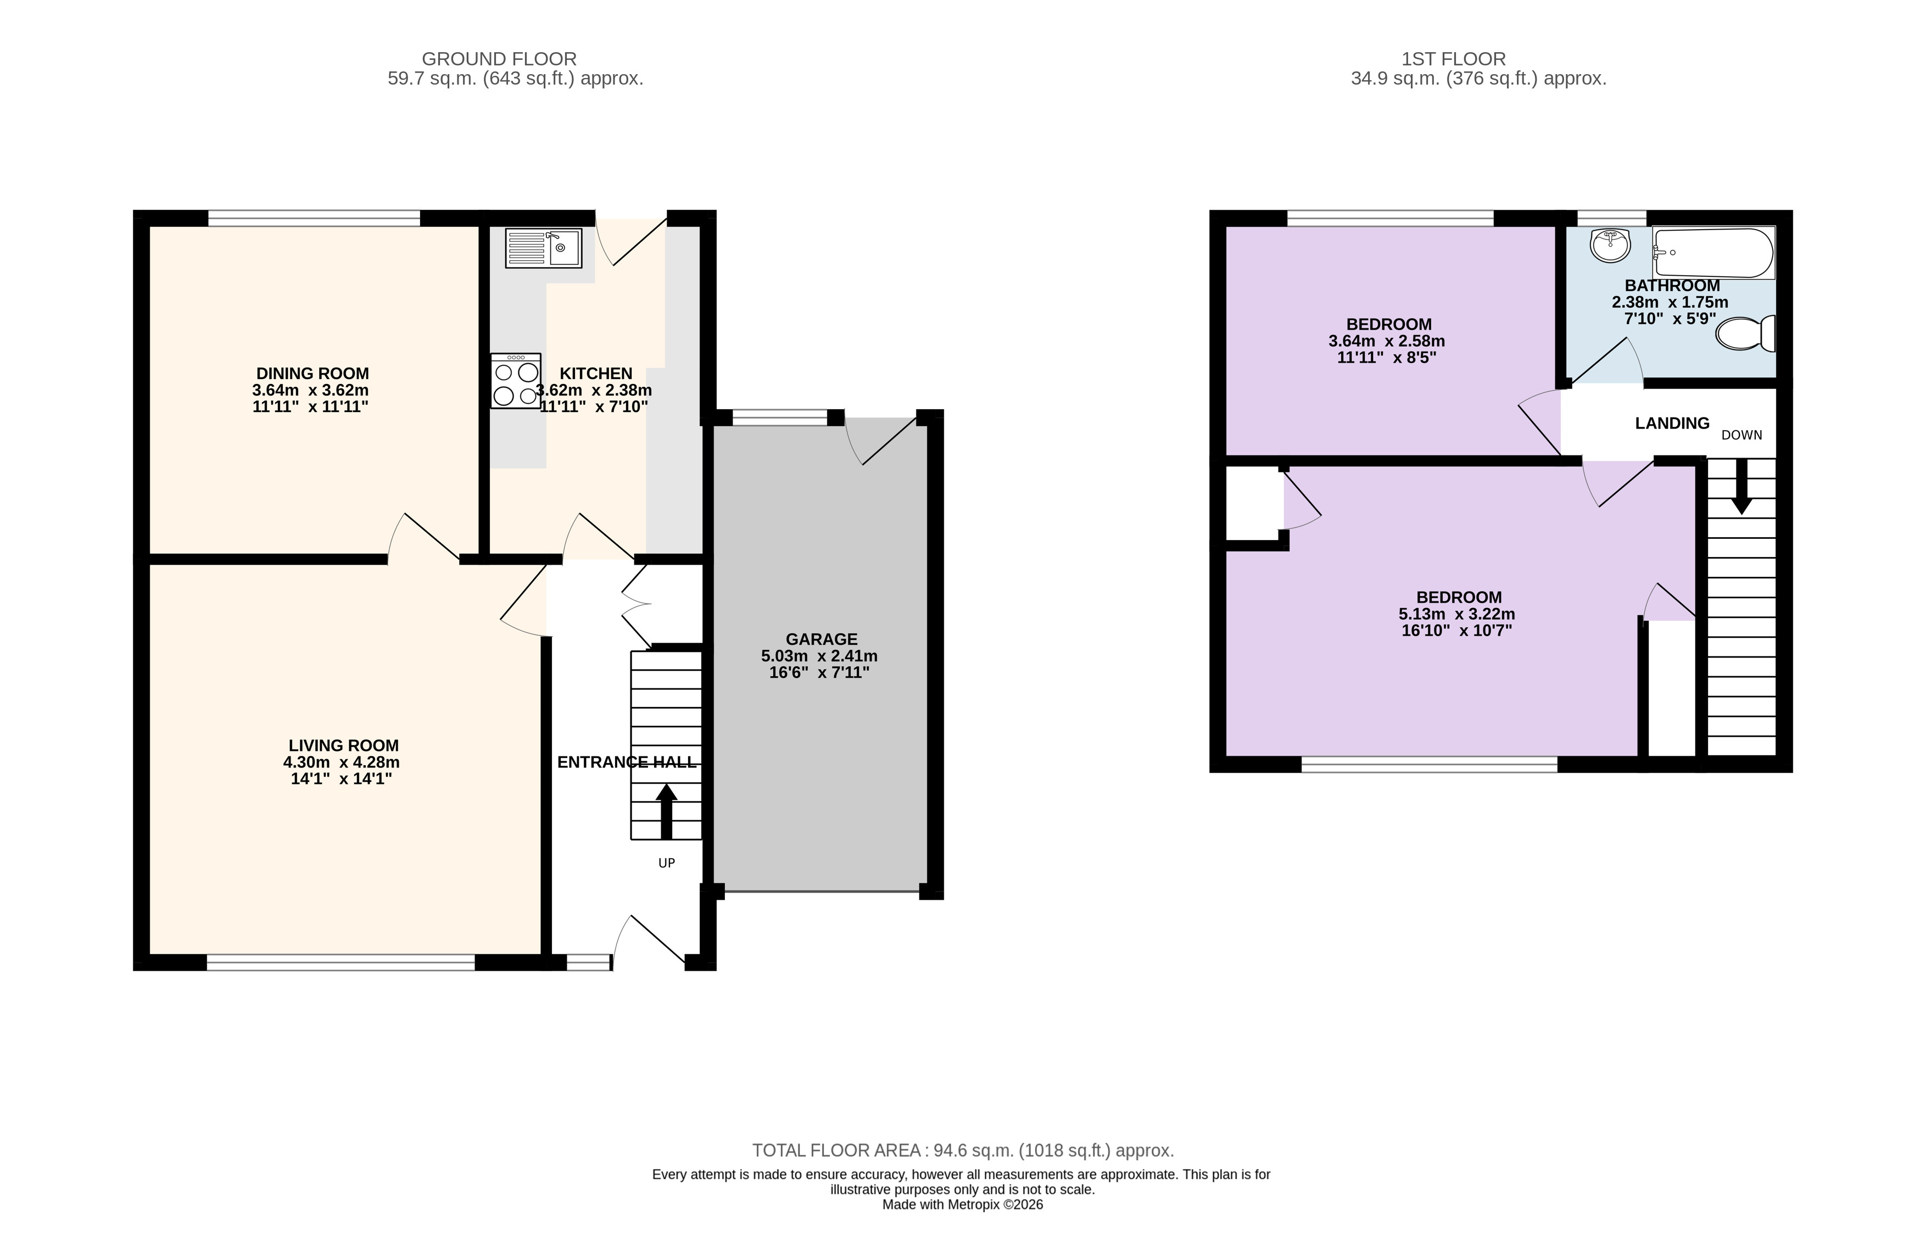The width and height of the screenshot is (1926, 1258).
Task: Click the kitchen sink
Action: (543, 248)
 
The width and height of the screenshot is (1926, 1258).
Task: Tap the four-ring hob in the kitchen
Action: (516, 381)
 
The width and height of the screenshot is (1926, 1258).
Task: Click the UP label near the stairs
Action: (666, 863)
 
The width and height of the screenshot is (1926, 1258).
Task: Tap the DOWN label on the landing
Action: (1741, 435)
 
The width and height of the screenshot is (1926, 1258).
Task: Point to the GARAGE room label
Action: (822, 639)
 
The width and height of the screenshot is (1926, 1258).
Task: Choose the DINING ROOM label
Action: (312, 373)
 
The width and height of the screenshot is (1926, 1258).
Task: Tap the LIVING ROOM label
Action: (343, 745)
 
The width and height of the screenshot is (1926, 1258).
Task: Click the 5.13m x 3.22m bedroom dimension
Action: (1456, 614)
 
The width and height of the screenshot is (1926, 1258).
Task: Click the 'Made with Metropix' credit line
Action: (962, 1205)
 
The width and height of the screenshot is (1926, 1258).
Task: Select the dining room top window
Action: (314, 218)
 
